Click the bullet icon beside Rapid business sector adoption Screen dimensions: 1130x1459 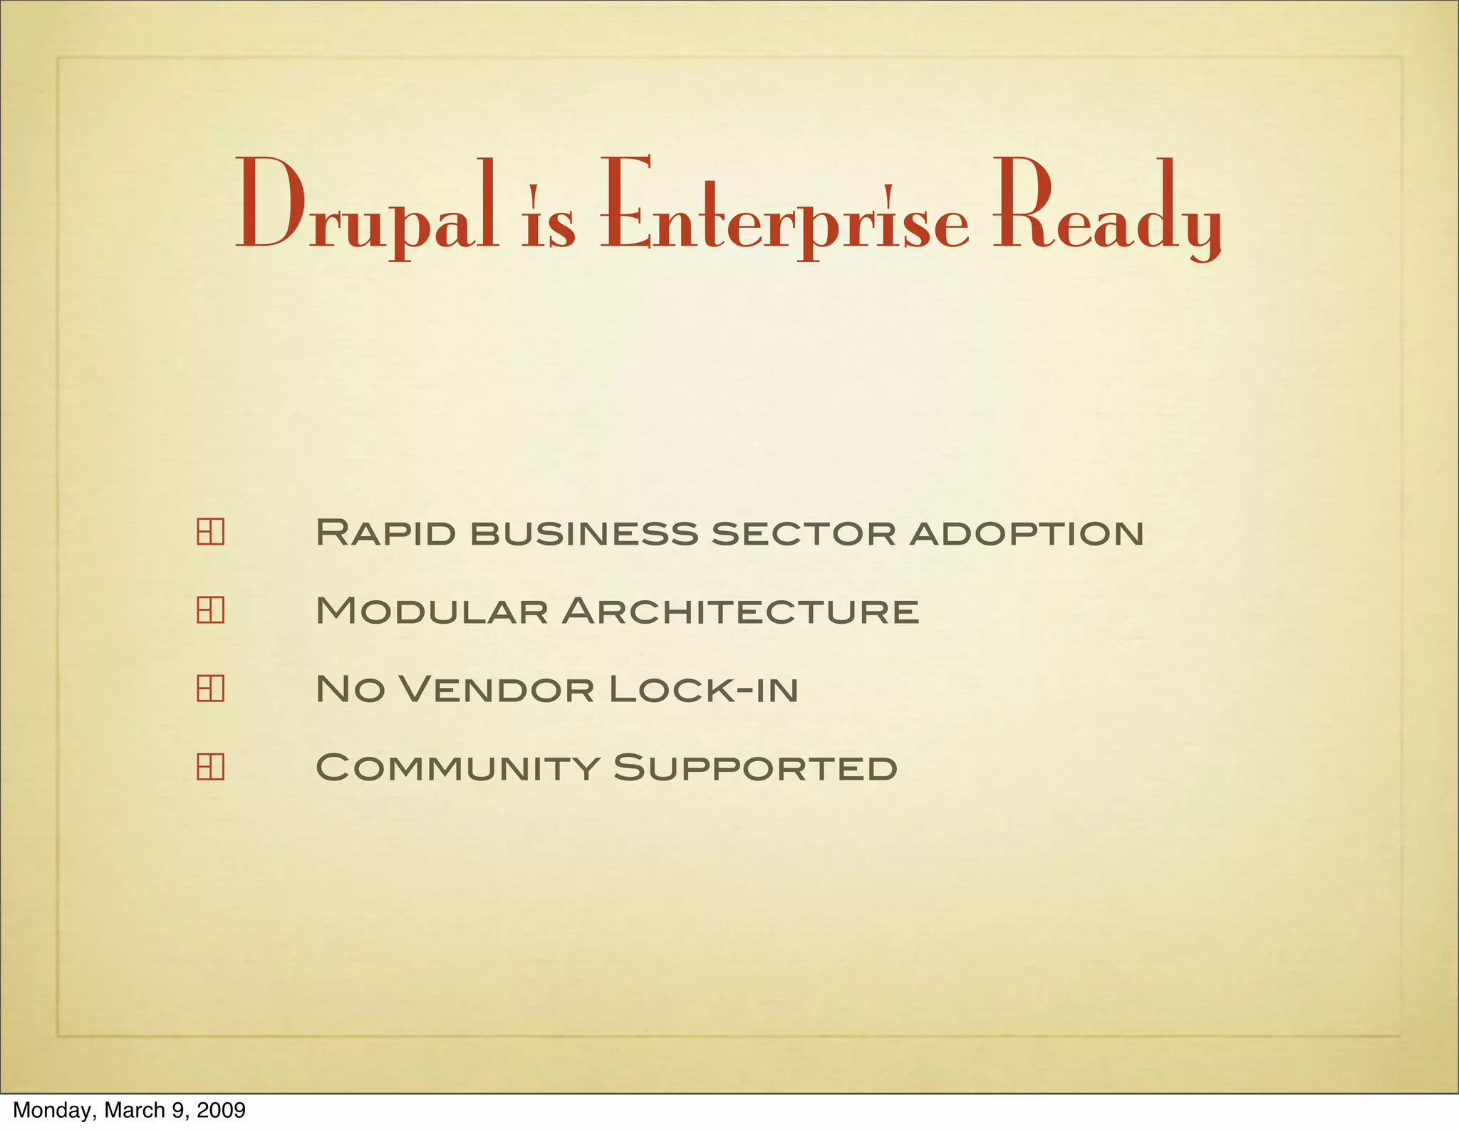[210, 533]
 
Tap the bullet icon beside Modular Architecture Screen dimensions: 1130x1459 [210, 610]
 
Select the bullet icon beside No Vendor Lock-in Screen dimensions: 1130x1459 [210, 689]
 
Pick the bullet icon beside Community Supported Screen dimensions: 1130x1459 [210, 767]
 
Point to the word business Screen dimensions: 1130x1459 [583, 533]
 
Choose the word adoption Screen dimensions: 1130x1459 [1027, 533]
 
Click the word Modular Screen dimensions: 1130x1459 [432, 611]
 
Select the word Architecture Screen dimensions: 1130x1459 [740, 611]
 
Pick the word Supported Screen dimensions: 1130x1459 [755, 768]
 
